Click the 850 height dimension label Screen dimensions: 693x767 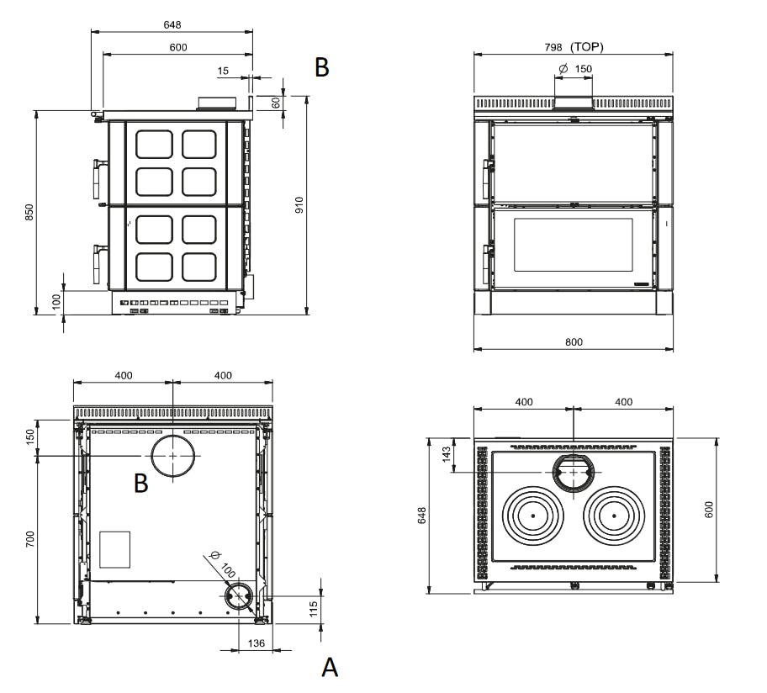(29, 212)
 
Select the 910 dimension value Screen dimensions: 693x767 (299, 205)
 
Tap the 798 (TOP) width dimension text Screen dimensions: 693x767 (574, 46)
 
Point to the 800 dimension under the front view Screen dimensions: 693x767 (574, 341)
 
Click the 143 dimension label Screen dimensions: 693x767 (447, 455)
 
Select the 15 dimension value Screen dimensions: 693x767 (222, 71)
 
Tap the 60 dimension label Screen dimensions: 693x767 (275, 102)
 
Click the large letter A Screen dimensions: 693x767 (330, 668)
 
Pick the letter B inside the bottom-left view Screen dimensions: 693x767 (141, 483)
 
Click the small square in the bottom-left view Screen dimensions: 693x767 (115, 548)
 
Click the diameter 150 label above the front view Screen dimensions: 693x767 (574, 68)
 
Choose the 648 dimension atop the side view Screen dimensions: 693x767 (172, 25)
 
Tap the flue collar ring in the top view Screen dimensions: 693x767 (573, 473)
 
